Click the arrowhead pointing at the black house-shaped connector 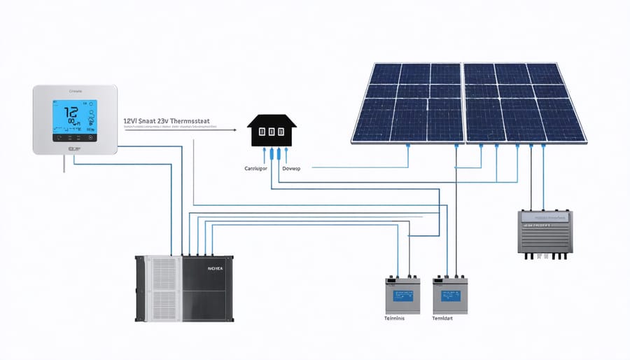(236, 129)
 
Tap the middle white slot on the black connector (272, 131)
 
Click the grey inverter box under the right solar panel (545, 231)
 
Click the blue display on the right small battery (447, 295)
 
